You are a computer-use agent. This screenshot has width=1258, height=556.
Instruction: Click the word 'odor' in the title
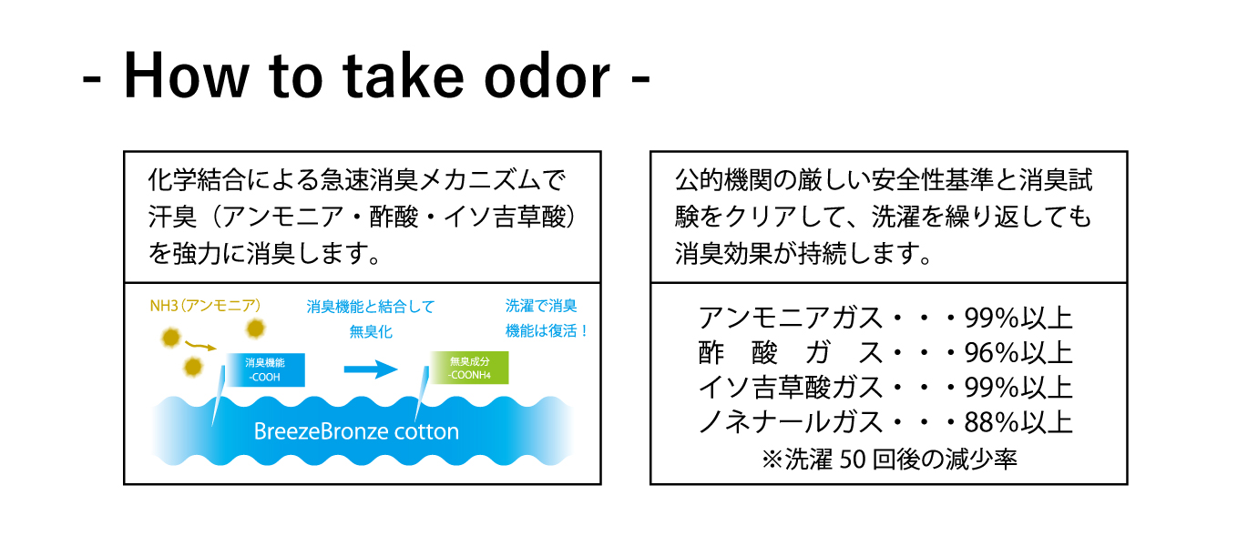[x=547, y=76]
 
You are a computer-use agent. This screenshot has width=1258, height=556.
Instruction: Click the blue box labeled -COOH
[x=266, y=369]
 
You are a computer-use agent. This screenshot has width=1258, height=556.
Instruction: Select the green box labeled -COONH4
[x=469, y=368]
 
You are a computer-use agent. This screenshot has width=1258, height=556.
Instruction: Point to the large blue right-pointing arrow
[x=371, y=369]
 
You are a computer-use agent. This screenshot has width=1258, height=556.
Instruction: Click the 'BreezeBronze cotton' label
[x=356, y=431]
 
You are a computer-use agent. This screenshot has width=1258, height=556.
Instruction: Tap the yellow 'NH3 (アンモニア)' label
[x=205, y=306]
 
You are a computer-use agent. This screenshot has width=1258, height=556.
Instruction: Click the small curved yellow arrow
[x=200, y=345]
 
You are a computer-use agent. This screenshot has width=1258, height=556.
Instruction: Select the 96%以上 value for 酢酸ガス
[x=1018, y=353]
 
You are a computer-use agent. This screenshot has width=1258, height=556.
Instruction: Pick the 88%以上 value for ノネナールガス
[x=1018, y=422]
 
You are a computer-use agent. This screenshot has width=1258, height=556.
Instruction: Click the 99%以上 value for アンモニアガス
[x=1018, y=318]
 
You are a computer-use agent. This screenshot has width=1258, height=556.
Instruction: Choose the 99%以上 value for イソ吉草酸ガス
[x=1018, y=388]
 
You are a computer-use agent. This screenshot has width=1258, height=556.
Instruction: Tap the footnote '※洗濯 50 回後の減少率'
[x=889, y=459]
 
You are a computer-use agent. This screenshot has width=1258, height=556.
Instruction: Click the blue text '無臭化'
[x=371, y=332]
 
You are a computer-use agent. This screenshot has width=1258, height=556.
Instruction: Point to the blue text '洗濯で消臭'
[x=541, y=306]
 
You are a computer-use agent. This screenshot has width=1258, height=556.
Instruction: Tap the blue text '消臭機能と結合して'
[x=371, y=307]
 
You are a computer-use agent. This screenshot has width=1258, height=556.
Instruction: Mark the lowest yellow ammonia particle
[x=192, y=367]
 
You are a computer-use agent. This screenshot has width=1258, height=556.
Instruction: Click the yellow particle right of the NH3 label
[x=256, y=329]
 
